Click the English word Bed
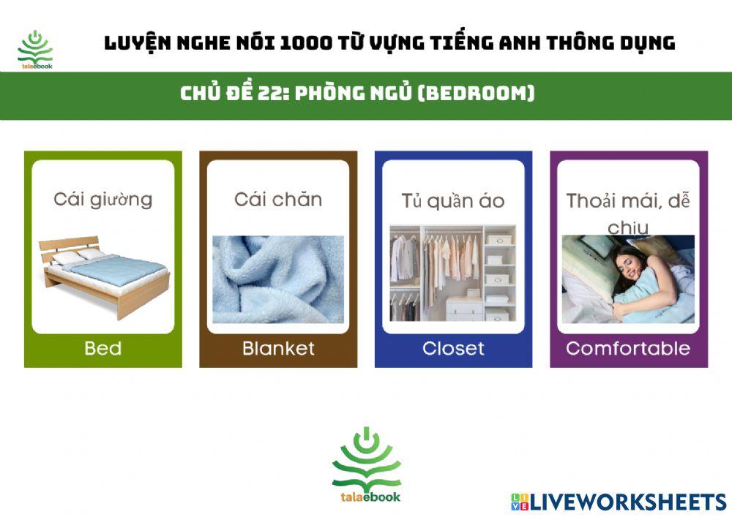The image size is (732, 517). pos(102,348)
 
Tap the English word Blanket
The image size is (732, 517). pos(278,348)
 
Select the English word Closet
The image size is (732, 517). pos(453,348)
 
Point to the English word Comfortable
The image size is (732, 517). pos(628,348)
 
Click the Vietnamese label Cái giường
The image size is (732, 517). pos(102,199)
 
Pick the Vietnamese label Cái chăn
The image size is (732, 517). pos(278,199)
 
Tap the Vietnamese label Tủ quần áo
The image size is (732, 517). pos(453,201)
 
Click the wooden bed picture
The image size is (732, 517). pos(102,274)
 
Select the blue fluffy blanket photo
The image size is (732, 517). pos(278,279)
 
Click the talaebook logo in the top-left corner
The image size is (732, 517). pos(35,50)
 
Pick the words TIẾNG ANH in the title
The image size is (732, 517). pos(484,42)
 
